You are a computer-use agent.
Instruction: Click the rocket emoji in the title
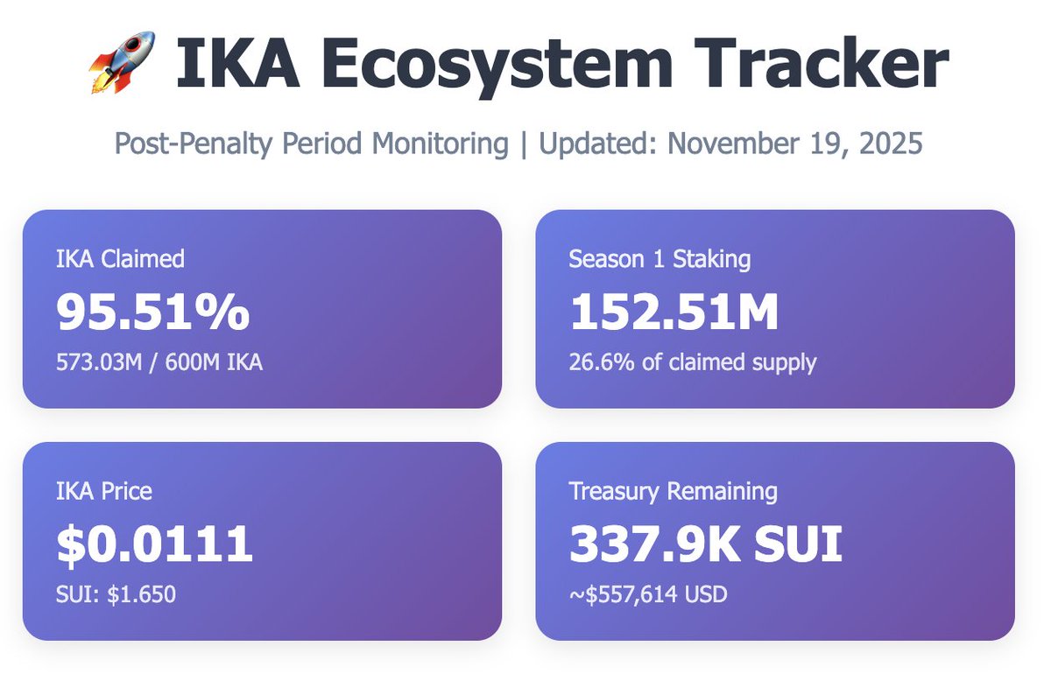tap(122, 62)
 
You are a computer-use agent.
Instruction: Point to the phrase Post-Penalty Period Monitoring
tap(312, 144)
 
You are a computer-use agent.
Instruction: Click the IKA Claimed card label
tap(120, 259)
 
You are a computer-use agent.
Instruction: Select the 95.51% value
tap(153, 312)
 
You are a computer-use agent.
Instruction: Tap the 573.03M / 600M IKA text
tap(159, 362)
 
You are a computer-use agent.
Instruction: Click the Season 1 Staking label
tap(659, 259)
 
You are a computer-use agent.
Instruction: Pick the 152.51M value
tap(674, 312)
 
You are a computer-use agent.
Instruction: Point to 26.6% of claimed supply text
tap(692, 362)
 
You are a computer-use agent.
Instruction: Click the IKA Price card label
tap(104, 491)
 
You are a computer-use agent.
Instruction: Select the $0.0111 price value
tap(155, 544)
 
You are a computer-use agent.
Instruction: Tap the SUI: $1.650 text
tap(116, 594)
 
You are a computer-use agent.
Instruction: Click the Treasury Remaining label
tap(673, 491)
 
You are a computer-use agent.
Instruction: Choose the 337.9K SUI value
tap(705, 544)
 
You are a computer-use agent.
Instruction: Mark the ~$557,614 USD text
tap(648, 594)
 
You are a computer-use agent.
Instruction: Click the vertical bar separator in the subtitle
tap(523, 144)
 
